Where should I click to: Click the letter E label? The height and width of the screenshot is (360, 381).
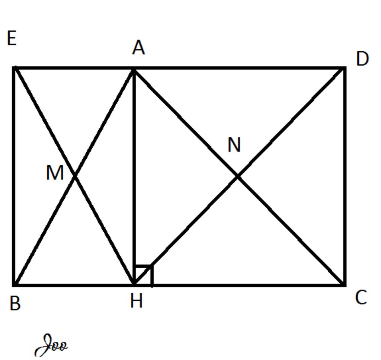12,38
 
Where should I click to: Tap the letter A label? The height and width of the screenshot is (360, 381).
138,48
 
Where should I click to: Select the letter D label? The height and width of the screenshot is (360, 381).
362,59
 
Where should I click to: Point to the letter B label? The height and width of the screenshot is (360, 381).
15,303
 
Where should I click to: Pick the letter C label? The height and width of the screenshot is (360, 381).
361,298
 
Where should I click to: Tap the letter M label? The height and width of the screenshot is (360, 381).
55,173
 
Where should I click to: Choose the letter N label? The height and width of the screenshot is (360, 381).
234,145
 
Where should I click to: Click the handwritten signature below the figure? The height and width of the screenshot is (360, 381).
51,345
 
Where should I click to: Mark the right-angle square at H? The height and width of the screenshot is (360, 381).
144,275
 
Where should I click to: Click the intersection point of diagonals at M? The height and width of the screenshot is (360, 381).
74,176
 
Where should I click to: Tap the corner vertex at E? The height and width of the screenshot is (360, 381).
15,68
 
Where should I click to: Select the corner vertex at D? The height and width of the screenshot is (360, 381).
345,68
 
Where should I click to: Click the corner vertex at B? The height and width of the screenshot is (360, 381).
15,285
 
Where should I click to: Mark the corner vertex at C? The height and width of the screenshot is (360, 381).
345,285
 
